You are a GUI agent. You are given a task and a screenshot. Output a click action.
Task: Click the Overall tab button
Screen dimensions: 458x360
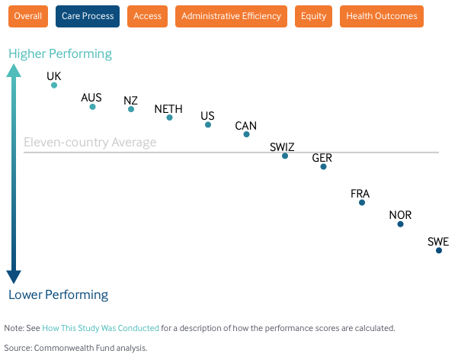pos(28,16)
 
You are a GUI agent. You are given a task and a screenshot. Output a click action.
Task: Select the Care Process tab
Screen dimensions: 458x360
pos(88,16)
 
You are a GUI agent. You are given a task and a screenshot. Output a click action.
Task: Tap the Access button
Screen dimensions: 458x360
pos(148,16)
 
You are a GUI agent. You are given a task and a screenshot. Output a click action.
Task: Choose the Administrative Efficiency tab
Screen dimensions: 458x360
pos(231,16)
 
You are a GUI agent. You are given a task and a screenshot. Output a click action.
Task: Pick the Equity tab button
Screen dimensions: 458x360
pos(313,16)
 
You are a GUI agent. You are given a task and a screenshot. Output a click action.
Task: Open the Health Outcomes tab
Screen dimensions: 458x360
pos(382,16)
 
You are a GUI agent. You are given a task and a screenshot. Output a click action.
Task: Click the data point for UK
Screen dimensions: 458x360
pos(54,85)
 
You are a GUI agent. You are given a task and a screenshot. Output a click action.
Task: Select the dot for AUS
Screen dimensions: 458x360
pos(93,107)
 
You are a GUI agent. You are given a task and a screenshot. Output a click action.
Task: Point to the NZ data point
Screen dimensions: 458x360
pos(131,109)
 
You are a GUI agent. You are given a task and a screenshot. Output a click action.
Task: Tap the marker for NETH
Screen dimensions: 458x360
pos(169,117)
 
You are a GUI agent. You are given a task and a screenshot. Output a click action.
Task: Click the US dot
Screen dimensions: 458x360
pos(208,125)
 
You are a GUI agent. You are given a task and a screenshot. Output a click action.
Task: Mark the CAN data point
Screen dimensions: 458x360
pos(246,134)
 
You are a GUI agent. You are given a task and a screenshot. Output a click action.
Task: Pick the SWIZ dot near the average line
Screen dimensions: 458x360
pos(285,156)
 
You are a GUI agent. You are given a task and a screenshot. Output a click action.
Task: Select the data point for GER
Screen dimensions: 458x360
pos(323,167)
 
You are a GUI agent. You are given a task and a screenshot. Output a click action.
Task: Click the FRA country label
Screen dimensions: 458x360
pos(360,194)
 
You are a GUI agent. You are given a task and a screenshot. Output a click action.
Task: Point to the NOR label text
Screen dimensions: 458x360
pos(400,215)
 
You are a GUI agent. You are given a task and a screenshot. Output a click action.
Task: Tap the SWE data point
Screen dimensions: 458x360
pos(439,250)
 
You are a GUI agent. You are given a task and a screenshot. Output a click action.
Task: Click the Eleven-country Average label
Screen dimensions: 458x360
pos(90,143)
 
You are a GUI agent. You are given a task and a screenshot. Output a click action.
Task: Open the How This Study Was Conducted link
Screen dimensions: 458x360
pos(101,328)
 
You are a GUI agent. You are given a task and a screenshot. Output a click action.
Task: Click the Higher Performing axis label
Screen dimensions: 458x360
pos(60,54)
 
